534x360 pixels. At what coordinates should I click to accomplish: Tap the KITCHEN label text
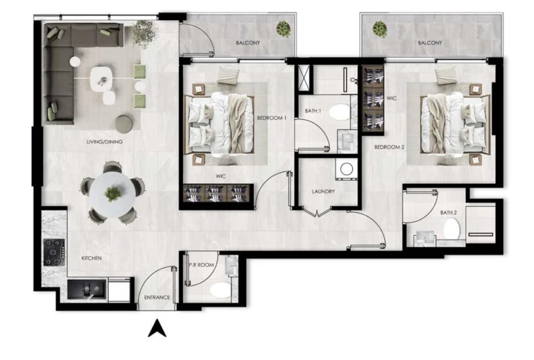point(91,259)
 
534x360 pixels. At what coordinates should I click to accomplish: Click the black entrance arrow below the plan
point(157,328)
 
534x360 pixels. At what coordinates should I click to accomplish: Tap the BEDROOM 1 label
point(272,118)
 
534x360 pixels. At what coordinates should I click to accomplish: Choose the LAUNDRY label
point(324,192)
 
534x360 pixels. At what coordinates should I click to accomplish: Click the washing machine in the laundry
point(345,169)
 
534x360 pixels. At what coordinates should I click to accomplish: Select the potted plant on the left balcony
point(284,28)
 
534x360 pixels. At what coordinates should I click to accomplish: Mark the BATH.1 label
point(313,110)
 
